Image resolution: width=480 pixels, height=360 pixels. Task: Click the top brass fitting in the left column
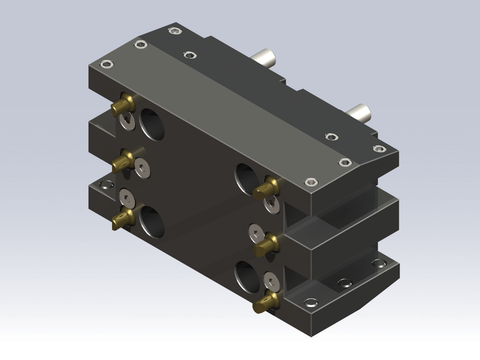point(123,103)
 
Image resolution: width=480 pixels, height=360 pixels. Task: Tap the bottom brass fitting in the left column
point(123,219)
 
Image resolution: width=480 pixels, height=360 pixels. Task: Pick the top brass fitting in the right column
point(265,188)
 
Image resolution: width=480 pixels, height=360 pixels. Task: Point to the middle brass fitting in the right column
point(265,242)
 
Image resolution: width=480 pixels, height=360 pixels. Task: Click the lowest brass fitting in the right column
point(266,300)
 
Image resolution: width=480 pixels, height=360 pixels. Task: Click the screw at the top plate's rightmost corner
point(380,149)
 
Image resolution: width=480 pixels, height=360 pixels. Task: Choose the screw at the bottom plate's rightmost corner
point(379,263)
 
